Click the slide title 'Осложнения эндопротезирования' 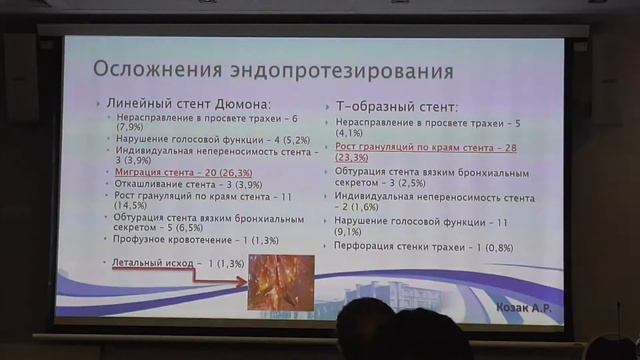click(272, 72)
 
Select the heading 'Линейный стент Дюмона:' click(194, 104)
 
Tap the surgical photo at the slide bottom click(281, 283)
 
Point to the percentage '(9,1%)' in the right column click(354, 231)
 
